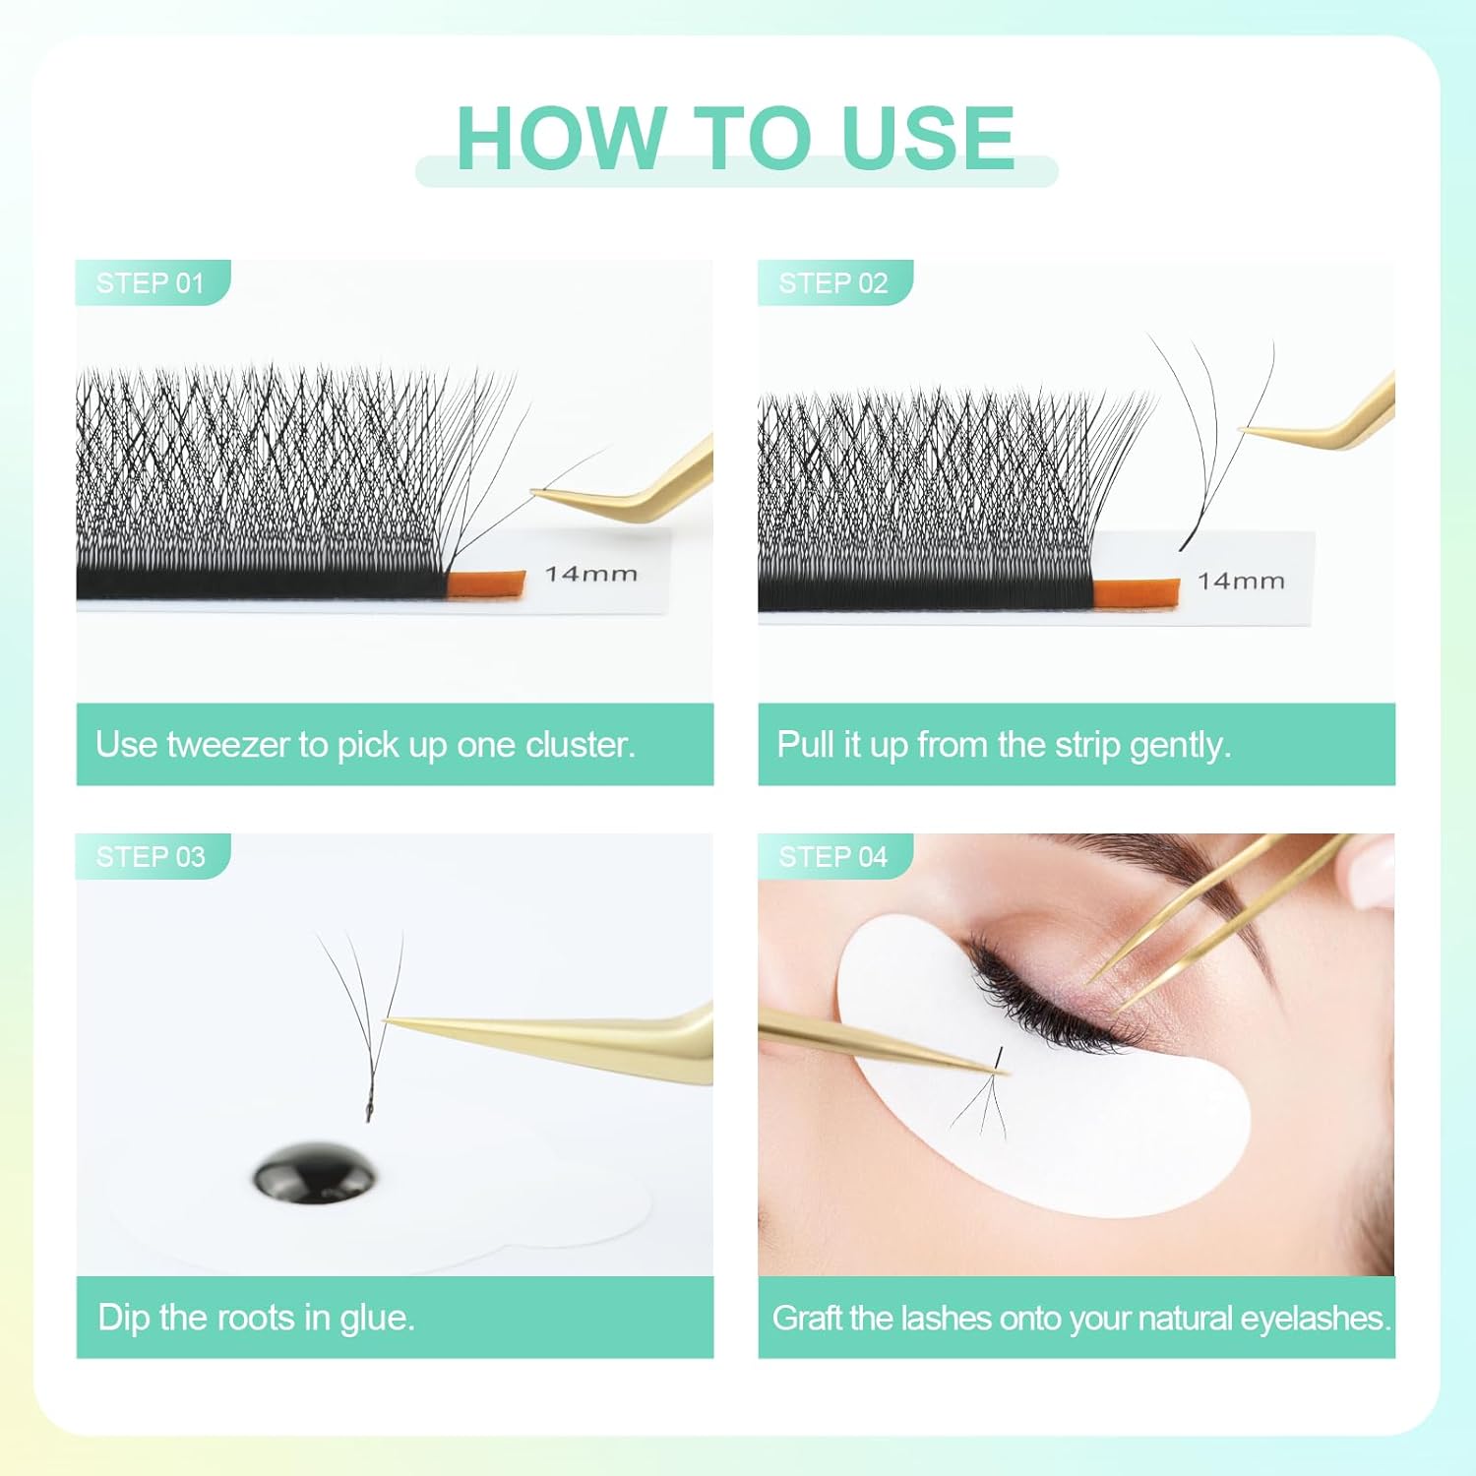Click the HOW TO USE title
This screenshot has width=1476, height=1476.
(735, 138)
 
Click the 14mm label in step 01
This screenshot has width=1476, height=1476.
(591, 574)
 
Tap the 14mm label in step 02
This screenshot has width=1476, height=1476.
(1242, 582)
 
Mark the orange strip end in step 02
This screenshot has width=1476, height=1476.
(1137, 593)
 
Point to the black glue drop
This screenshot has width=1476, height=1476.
(315, 1174)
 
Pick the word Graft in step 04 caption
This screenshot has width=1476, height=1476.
(809, 1318)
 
